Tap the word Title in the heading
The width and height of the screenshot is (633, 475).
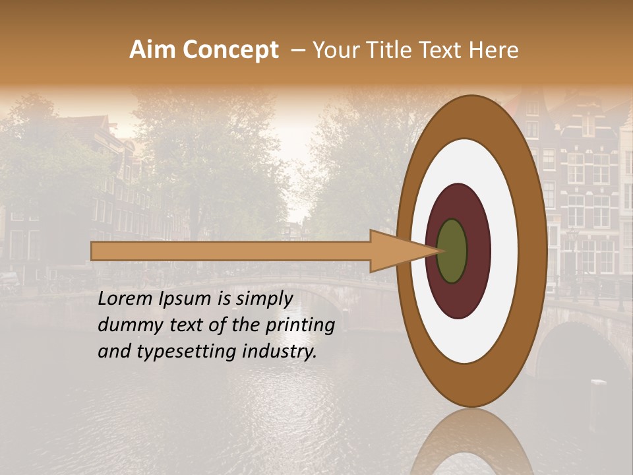tap(378, 50)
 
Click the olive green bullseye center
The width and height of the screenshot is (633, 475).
tap(452, 251)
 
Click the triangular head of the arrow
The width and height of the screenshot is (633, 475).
tap(396, 251)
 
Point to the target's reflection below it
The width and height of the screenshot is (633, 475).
tap(471, 445)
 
